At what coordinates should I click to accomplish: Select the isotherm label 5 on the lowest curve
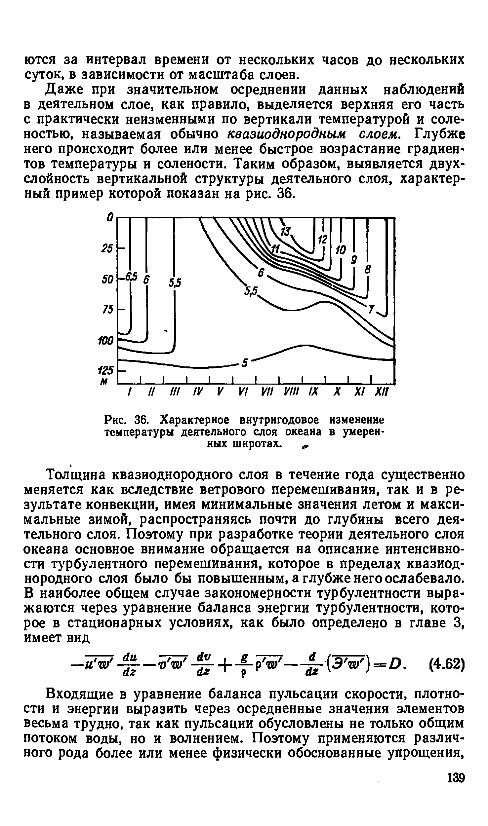tap(245, 363)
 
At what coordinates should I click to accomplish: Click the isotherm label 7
tap(372, 310)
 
